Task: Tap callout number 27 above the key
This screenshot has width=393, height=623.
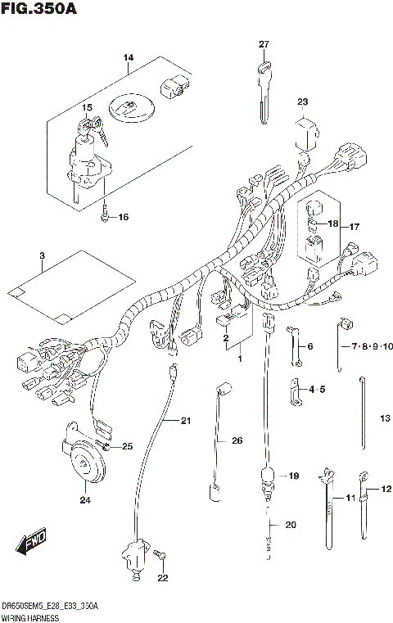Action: coord(264,44)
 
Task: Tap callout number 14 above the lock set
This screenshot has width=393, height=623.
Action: coord(128,56)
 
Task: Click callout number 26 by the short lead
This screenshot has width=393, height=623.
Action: coord(237,441)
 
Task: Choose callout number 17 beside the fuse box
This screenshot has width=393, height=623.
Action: coord(355,227)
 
